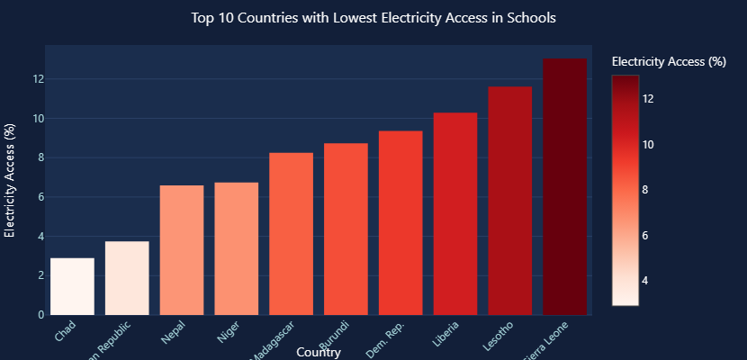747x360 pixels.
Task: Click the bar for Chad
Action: click(72, 286)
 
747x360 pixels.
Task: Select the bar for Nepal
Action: click(182, 250)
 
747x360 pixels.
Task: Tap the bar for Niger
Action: click(237, 248)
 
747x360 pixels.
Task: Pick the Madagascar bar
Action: click(292, 234)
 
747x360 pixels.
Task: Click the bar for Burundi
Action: click(346, 229)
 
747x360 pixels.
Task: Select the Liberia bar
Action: click(455, 213)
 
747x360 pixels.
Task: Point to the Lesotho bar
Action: click(509, 201)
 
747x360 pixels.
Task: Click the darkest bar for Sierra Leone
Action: click(564, 186)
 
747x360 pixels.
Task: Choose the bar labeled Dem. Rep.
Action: click(400, 222)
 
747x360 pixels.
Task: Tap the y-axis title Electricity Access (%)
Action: click(10, 180)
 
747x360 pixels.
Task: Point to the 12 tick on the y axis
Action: click(39, 79)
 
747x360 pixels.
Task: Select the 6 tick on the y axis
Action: click(41, 197)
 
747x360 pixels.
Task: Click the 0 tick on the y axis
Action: click(41, 315)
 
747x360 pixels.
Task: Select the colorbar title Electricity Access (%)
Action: click(668, 62)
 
